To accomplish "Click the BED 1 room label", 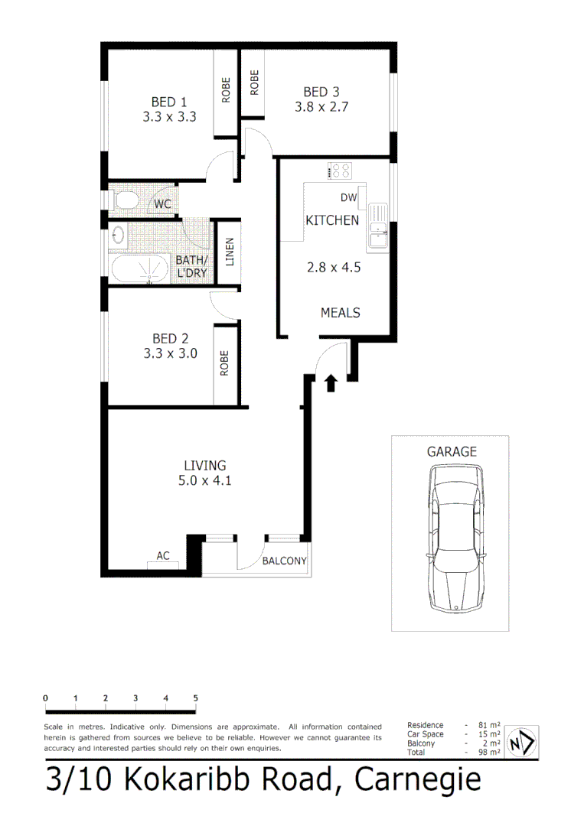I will click(169, 102).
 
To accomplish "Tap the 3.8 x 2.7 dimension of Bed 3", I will click(321, 107).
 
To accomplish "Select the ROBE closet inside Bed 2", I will click(225, 363).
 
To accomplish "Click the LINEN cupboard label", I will click(229, 253).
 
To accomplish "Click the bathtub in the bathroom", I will click(139, 269).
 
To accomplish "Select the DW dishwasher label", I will click(348, 198).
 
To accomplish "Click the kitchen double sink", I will click(379, 227).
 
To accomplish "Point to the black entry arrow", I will click(331, 382).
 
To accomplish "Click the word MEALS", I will click(340, 313).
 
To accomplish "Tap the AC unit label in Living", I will click(163, 556).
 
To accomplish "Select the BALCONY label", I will click(284, 561).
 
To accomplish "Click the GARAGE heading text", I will click(452, 451).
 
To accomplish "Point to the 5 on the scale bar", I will click(195, 698).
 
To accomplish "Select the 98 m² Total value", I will click(490, 753).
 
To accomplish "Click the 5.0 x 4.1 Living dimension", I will click(204, 481).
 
